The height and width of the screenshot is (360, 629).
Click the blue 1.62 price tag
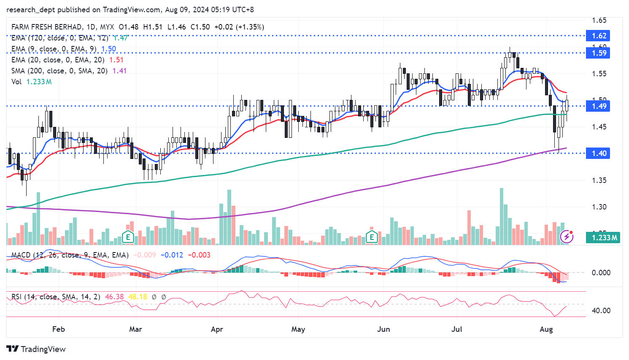[x=599, y=36]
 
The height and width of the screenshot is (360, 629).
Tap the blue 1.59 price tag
[x=599, y=53]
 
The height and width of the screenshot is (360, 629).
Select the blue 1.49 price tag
[x=599, y=106]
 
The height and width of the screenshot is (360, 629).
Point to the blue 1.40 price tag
[x=599, y=153]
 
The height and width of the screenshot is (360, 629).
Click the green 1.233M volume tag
[x=604, y=238]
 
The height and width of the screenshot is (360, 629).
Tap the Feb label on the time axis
[x=59, y=329]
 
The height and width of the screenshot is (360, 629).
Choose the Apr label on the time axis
[x=217, y=329]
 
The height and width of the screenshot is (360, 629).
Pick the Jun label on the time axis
[x=383, y=329]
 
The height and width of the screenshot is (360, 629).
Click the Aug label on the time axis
[x=546, y=329]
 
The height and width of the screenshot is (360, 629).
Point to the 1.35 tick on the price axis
[x=599, y=180]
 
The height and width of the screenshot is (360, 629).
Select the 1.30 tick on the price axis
[x=599, y=207]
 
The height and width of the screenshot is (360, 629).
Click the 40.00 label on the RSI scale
[x=601, y=311]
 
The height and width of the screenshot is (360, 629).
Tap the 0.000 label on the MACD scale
[x=601, y=273]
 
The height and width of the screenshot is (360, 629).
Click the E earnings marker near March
[x=128, y=237]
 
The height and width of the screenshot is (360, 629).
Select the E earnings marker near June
[x=372, y=237]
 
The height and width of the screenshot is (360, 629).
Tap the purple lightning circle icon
[x=567, y=236]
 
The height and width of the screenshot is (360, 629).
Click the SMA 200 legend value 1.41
[x=119, y=71]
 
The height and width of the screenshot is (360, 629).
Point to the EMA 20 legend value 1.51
[x=116, y=60]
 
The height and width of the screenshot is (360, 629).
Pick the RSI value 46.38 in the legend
[x=114, y=297]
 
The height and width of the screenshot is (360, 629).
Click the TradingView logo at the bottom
[x=36, y=349]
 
